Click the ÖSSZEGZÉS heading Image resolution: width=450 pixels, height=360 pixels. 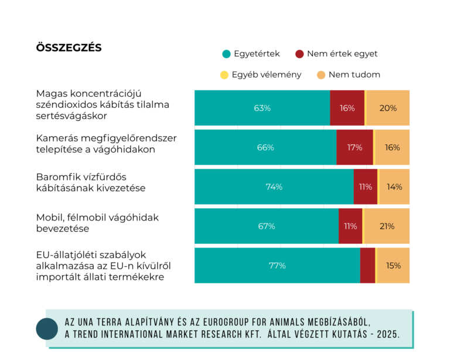69,48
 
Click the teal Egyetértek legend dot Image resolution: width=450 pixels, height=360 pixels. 226,54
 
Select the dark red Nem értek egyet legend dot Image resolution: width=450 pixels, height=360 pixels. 299,54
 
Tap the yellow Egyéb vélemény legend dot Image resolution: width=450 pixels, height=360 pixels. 223,75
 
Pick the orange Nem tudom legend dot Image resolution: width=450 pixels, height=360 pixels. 321,75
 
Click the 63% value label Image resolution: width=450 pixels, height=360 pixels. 262,108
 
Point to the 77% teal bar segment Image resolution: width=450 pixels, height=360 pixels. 277,266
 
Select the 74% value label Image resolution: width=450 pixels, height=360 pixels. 274,187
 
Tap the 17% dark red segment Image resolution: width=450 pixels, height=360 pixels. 354,147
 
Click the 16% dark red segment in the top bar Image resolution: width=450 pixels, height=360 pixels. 347,108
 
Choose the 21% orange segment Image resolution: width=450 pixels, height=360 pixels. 387,226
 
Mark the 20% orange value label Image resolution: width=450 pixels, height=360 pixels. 388,108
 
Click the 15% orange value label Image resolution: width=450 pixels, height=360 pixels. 393,266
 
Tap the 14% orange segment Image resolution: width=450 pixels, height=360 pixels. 394,187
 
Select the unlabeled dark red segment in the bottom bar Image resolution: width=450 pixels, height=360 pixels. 367,266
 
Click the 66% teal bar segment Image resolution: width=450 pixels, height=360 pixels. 265,147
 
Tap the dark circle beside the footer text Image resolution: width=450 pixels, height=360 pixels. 47,329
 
